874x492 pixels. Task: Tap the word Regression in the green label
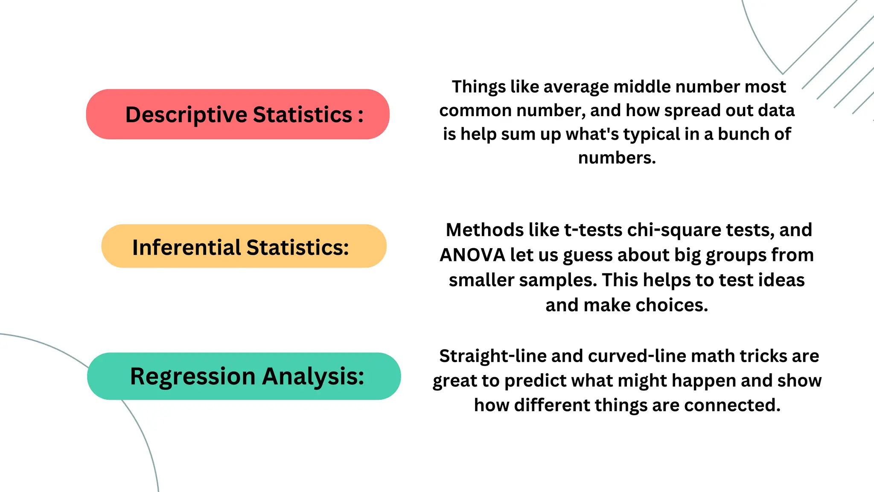(x=192, y=376)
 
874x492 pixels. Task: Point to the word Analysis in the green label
(x=313, y=376)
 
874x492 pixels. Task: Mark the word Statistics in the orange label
(x=297, y=247)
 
